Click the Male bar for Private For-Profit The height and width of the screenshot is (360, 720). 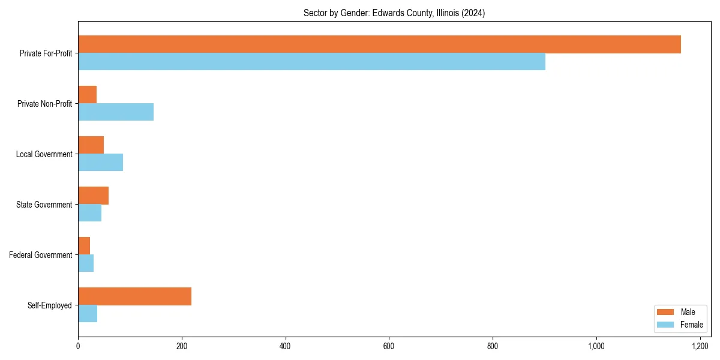pos(379,44)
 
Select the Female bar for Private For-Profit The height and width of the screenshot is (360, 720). pos(311,62)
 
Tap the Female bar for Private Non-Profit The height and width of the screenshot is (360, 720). pos(116,112)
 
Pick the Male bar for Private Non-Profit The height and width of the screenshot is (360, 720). pos(87,95)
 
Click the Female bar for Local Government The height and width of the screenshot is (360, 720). pos(100,163)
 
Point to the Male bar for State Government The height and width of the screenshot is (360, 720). pos(93,196)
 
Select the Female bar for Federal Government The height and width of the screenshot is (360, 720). pos(86,263)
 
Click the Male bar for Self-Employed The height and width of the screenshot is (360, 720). pos(134,296)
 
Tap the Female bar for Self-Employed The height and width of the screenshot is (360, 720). pos(88,314)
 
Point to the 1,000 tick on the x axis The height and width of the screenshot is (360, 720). pos(596,347)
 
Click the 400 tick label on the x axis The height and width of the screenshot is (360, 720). pos(285,347)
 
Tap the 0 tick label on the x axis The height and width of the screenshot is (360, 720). pos(78,347)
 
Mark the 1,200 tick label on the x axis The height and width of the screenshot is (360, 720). pos(700,347)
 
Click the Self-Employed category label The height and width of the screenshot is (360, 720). pos(50,305)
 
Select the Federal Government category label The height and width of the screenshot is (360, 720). pos(41,255)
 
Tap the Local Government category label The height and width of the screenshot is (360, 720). pos(44,154)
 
